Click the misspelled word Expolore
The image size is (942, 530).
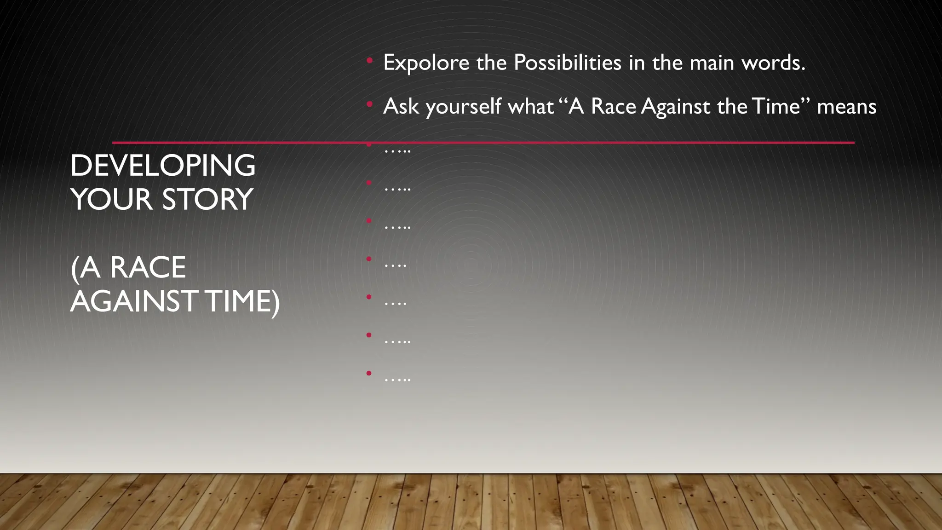(426, 63)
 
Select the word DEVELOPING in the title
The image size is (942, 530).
(162, 166)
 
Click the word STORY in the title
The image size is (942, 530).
(207, 199)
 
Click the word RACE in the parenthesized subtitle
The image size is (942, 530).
(148, 267)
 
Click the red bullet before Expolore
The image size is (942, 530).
(369, 60)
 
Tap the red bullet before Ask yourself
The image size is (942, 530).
(369, 104)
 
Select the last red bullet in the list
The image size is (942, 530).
(369, 373)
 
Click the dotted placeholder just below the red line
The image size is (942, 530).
(397, 150)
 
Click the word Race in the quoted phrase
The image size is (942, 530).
(613, 106)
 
